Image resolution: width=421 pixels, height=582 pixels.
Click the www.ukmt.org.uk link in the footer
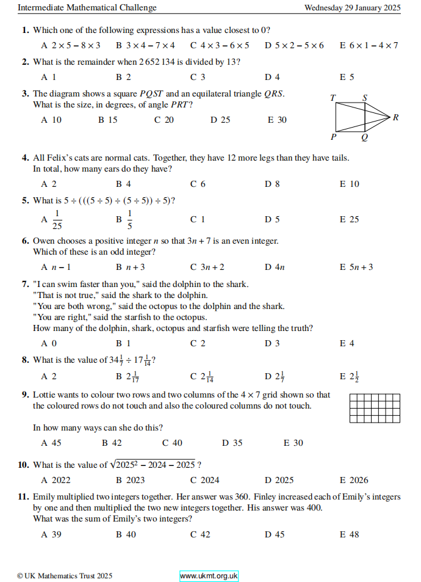209,576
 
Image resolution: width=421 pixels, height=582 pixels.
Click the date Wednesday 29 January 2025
352,8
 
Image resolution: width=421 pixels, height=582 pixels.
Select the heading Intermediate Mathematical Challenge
87,8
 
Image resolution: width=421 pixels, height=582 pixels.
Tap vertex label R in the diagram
396,117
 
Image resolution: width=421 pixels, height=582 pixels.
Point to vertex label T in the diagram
333,98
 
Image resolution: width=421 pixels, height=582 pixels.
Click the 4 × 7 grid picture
375,407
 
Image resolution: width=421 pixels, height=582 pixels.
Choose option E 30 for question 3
277,120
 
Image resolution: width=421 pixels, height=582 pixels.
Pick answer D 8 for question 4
272,184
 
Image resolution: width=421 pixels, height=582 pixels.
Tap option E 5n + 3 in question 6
356,267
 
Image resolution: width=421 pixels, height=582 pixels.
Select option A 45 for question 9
51,443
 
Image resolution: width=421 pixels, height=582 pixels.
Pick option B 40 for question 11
126,534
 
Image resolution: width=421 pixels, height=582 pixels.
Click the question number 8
25,360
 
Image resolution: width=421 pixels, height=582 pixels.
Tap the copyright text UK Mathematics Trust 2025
65,576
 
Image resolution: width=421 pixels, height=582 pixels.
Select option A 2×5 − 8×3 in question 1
70,45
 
